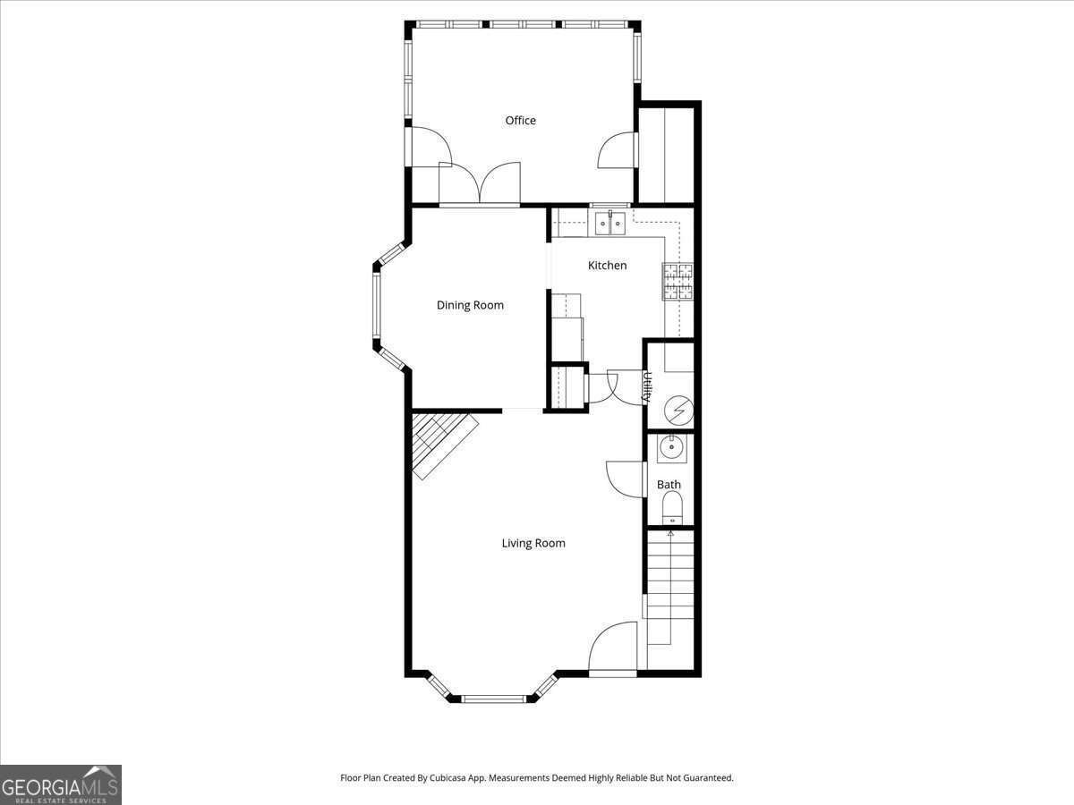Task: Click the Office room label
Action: pyautogui.click(x=520, y=121)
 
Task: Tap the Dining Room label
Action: pyautogui.click(x=470, y=305)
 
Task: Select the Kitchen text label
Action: pyautogui.click(x=607, y=266)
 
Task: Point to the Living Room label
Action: pyautogui.click(x=533, y=543)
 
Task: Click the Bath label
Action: pyautogui.click(x=669, y=485)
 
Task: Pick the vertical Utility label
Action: pyautogui.click(x=647, y=387)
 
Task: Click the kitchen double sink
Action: pyautogui.click(x=610, y=224)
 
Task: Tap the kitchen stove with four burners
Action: pyautogui.click(x=678, y=281)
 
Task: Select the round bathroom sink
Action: pyautogui.click(x=671, y=448)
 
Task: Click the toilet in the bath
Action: pyautogui.click(x=671, y=512)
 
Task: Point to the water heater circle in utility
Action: pyautogui.click(x=678, y=411)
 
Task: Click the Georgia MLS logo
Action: pyautogui.click(x=60, y=784)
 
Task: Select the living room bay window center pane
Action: pyautogui.click(x=493, y=699)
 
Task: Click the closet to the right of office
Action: pyautogui.click(x=665, y=154)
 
